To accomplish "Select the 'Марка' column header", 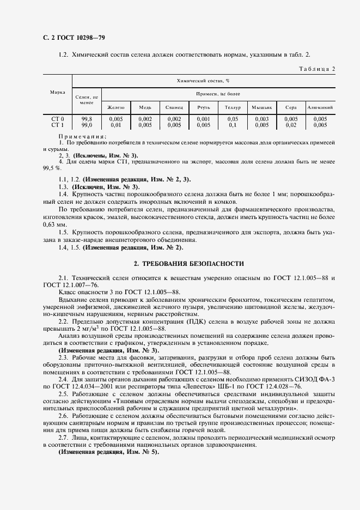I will pos(58,92).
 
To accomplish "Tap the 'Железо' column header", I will pos(116,107).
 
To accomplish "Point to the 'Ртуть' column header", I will pos(204,107).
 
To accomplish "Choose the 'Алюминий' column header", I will pos(320,107).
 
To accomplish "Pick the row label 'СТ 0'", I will pos(58,119).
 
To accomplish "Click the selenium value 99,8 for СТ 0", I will pos(87,119).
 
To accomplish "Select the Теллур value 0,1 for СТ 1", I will pos(233,125).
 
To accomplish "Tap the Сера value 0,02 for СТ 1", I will pos(291,125).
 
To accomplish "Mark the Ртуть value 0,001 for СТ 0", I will pos(204,119).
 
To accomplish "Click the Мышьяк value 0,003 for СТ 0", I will pos(261,119).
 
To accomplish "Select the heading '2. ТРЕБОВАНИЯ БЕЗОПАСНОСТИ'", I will pos(189,264).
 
